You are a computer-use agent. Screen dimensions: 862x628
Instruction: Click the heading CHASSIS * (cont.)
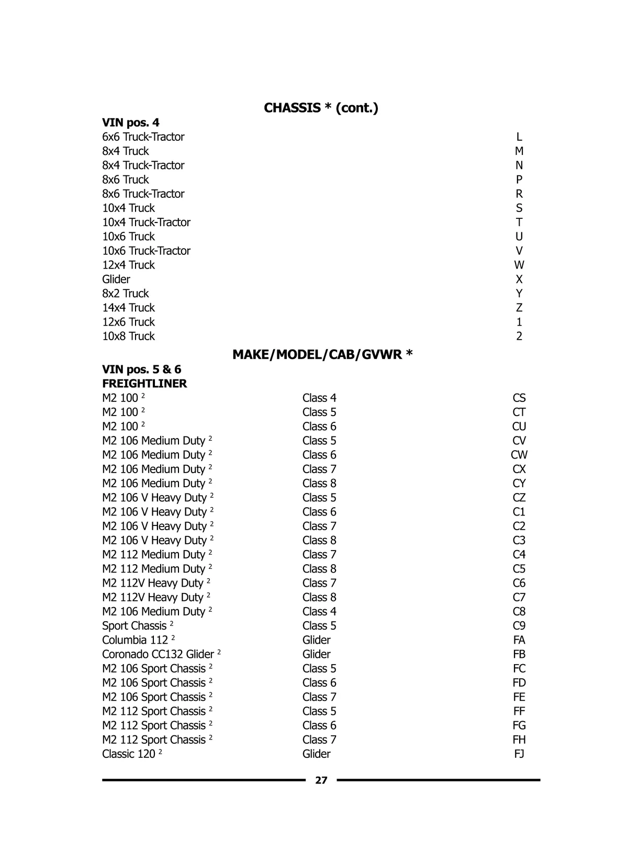point(321,108)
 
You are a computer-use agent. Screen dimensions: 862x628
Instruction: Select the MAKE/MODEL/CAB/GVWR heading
point(322,355)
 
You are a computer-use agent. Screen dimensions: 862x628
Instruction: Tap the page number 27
point(321,780)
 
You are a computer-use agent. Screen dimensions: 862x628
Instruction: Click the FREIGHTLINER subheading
point(144,384)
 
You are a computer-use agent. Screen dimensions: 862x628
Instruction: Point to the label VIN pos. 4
point(131,122)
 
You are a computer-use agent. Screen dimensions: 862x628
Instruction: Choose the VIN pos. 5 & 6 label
point(142,370)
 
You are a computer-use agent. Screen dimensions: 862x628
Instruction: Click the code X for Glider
point(519,279)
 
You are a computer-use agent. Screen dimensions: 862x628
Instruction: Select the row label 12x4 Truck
point(128,265)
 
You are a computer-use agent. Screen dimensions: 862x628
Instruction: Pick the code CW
point(519,455)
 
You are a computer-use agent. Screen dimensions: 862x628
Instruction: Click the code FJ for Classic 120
point(519,754)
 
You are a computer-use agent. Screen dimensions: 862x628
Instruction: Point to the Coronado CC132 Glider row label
point(158,654)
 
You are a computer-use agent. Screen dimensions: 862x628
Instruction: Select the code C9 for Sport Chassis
point(519,626)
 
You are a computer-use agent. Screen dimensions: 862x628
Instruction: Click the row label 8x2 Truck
point(126,294)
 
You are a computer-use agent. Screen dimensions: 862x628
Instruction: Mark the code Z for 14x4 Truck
point(519,308)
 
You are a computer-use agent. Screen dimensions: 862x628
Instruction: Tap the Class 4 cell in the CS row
point(319,398)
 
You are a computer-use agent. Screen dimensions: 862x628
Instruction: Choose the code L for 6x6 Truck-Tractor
point(519,137)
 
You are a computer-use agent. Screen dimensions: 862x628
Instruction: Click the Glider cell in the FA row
point(317,640)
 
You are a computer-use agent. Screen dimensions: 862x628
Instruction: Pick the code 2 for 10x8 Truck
point(519,337)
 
